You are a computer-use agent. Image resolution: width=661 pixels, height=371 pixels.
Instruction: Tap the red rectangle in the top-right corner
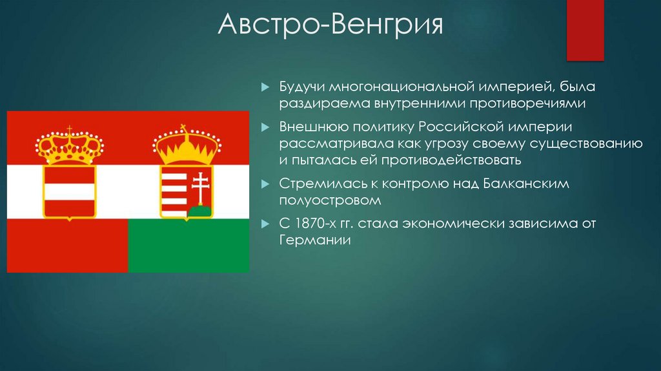(x=585, y=29)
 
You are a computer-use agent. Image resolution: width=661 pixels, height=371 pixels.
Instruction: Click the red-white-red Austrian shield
(x=69, y=191)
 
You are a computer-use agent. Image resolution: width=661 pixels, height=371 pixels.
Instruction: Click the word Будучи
(x=301, y=87)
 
